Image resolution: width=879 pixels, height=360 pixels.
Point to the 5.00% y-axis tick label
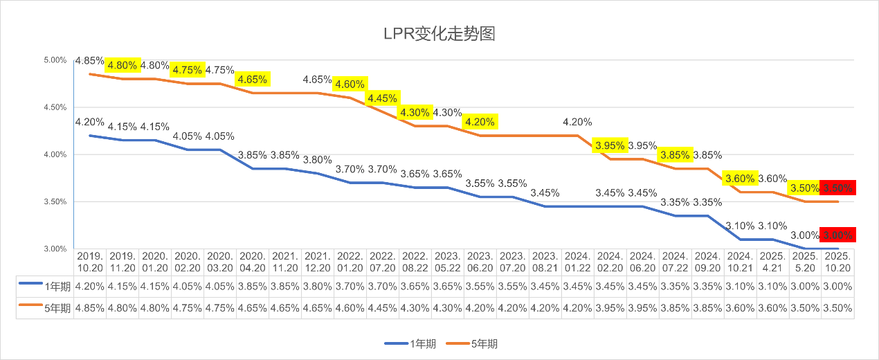click(x=54, y=60)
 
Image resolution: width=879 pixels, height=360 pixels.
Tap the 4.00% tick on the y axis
click(x=54, y=154)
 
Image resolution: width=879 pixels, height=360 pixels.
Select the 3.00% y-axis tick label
click(x=54, y=249)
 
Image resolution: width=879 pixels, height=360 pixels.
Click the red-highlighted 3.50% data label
click(x=838, y=188)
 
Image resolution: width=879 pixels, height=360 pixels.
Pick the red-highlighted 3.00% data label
click(x=838, y=235)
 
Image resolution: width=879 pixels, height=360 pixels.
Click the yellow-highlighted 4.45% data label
click(x=382, y=98)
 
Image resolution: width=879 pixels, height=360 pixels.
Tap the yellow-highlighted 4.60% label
click(x=350, y=84)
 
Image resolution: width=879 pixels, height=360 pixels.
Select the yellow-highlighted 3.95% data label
click(x=610, y=145)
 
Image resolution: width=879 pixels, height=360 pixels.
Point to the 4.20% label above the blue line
click(x=90, y=122)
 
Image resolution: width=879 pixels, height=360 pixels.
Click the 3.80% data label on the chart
click(x=318, y=159)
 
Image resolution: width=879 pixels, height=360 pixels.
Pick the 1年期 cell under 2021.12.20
click(x=318, y=285)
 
